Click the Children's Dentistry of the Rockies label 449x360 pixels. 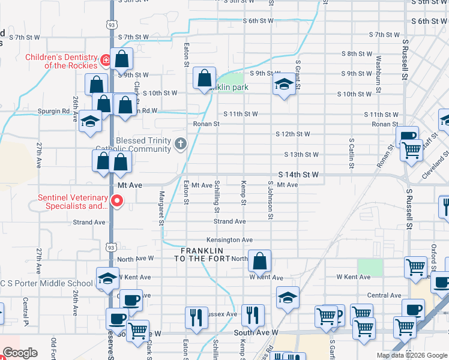click(62, 61)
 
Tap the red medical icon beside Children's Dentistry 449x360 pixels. click(106, 60)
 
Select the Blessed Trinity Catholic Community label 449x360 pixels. click(144, 145)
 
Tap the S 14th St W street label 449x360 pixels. click(297, 175)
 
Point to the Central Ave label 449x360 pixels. click(384, 295)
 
